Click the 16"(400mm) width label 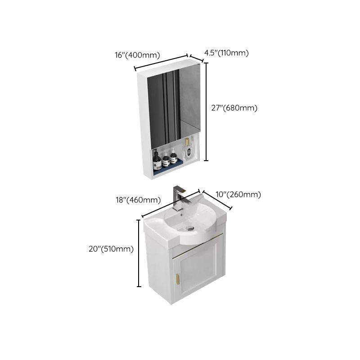click(137, 55)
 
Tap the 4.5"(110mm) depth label click(226, 53)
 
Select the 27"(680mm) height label click(234, 108)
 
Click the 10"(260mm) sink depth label click(238, 195)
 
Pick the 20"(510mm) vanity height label click(111, 249)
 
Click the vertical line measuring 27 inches click(207, 111)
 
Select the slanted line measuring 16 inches click(161, 63)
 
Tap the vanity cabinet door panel click(198, 270)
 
